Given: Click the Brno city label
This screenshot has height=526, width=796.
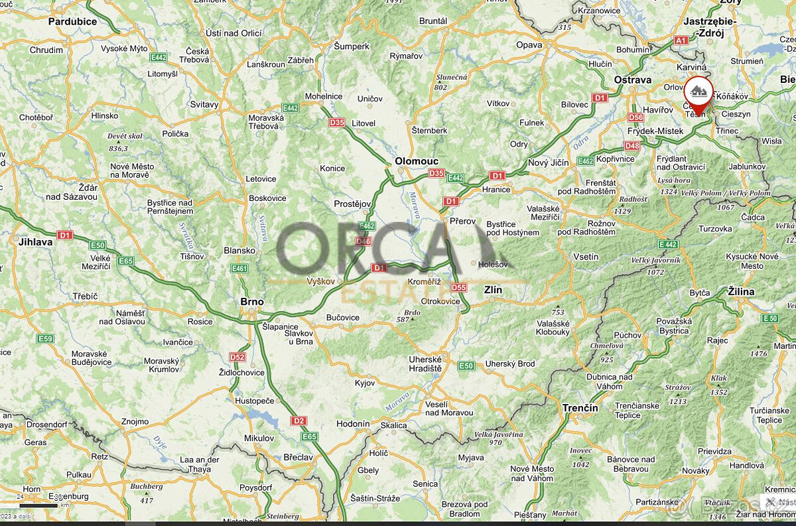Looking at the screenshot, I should (252, 302).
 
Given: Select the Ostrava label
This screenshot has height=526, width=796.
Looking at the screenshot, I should (632, 80).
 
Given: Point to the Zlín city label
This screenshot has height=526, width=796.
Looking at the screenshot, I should (493, 290).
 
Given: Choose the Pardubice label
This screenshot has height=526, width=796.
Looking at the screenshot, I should (72, 21).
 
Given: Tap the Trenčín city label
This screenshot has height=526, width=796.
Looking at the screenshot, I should (580, 408).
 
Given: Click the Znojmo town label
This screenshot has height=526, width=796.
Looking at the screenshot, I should (135, 421).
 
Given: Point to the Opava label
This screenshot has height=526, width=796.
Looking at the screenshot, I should (529, 45).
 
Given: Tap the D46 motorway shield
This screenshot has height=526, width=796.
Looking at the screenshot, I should (364, 241).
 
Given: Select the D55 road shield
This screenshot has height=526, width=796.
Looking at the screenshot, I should (458, 287).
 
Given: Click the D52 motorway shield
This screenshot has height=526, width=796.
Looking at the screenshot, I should (237, 357).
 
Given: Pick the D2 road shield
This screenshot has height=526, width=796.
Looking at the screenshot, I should (298, 421).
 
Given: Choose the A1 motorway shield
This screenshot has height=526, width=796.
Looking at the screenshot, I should (681, 40).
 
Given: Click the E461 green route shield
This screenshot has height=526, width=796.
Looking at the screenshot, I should (239, 269).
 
